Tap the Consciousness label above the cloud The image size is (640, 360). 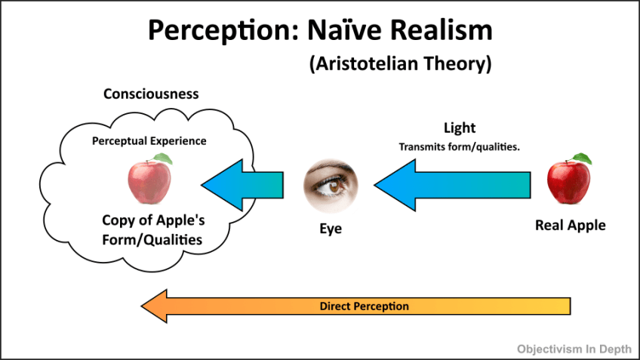coord(151,94)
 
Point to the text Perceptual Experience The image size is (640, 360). coord(149,140)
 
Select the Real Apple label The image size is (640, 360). coord(570,225)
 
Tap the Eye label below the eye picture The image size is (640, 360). coord(331,228)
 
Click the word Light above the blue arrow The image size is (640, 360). coord(459,129)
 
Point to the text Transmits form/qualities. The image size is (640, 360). coord(459,146)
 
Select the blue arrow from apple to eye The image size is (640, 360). coord(453,186)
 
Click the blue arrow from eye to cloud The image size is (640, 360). coord(242,185)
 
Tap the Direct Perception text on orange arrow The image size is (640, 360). coord(365,306)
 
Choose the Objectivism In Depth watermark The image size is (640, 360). coord(573,349)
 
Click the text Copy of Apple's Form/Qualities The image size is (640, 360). coord(152,230)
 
